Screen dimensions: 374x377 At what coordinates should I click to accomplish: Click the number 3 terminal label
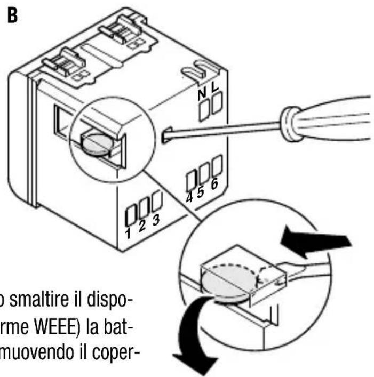point(155,221)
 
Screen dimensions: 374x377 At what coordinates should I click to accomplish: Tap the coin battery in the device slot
point(98,142)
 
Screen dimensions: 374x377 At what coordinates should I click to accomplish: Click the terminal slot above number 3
point(156,202)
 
